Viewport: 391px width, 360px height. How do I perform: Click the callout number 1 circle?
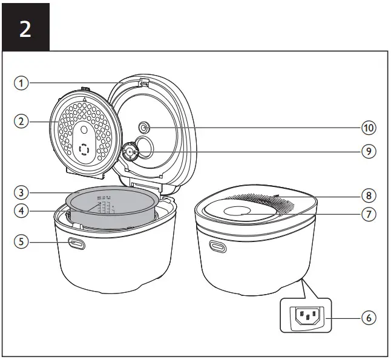pos(22,83)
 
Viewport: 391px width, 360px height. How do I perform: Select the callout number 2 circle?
pos(22,121)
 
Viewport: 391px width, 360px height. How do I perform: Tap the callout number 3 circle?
pos(22,193)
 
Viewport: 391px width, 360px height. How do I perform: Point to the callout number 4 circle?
pos(22,211)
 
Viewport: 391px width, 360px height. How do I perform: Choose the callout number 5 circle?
pos(22,241)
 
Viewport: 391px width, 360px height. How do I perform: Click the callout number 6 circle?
pos(368,316)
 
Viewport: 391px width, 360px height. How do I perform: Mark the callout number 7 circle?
pos(368,214)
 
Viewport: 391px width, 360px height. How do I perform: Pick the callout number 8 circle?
pos(368,195)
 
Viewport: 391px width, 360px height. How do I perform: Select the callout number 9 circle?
pos(368,151)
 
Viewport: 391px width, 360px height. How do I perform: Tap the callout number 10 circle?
pos(368,128)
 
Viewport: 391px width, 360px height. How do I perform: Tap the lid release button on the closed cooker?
pos(217,246)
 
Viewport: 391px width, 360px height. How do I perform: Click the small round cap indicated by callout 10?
pos(144,128)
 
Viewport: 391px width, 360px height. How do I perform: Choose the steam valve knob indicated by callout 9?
pos(130,151)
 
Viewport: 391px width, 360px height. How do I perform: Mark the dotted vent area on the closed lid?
pos(284,202)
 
